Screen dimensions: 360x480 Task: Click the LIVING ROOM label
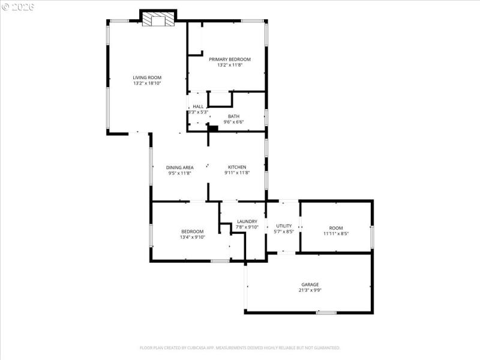coord(147,77)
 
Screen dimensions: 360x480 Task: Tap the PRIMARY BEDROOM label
coord(230,59)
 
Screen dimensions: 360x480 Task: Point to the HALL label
coord(198,106)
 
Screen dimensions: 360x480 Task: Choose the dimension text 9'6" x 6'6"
coord(233,122)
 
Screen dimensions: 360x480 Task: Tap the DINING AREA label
coord(179,167)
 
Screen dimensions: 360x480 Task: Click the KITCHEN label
coord(237,167)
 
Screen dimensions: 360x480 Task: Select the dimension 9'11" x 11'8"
coord(237,173)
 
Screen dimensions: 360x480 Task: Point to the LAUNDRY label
coord(247,221)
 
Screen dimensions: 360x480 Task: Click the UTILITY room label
coord(284,226)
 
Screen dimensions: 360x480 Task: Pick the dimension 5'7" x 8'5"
coord(284,232)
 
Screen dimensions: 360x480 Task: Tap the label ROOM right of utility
coord(336,227)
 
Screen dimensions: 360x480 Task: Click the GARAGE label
coord(310,284)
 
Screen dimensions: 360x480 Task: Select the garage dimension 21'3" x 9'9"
coord(310,290)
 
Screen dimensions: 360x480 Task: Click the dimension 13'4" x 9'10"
coord(193,237)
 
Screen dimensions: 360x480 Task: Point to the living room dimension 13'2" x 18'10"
coord(147,83)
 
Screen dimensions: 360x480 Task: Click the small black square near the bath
coord(212,127)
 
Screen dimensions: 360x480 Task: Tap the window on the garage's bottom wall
coord(326,312)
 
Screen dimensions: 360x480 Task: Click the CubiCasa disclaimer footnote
coord(240,347)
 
